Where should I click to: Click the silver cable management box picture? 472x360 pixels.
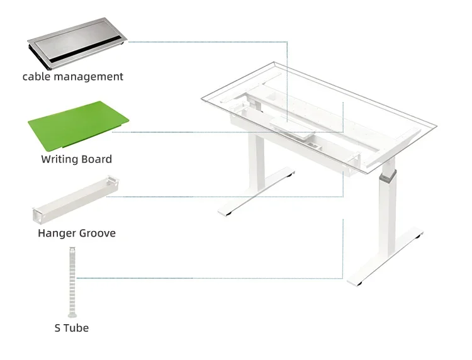click(x=77, y=43)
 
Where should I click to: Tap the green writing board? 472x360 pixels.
click(x=78, y=126)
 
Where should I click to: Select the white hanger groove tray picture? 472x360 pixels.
click(x=76, y=200)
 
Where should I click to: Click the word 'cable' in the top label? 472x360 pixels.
click(x=37, y=76)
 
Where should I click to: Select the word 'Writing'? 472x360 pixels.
click(x=59, y=159)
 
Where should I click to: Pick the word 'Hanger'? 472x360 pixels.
click(x=55, y=233)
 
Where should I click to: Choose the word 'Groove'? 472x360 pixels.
click(x=96, y=233)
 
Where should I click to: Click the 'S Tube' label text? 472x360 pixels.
click(x=72, y=328)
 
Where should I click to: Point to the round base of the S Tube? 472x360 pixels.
click(x=72, y=315)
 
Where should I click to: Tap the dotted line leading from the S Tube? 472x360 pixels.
click(x=210, y=278)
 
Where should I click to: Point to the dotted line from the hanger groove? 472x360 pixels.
click(x=225, y=197)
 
